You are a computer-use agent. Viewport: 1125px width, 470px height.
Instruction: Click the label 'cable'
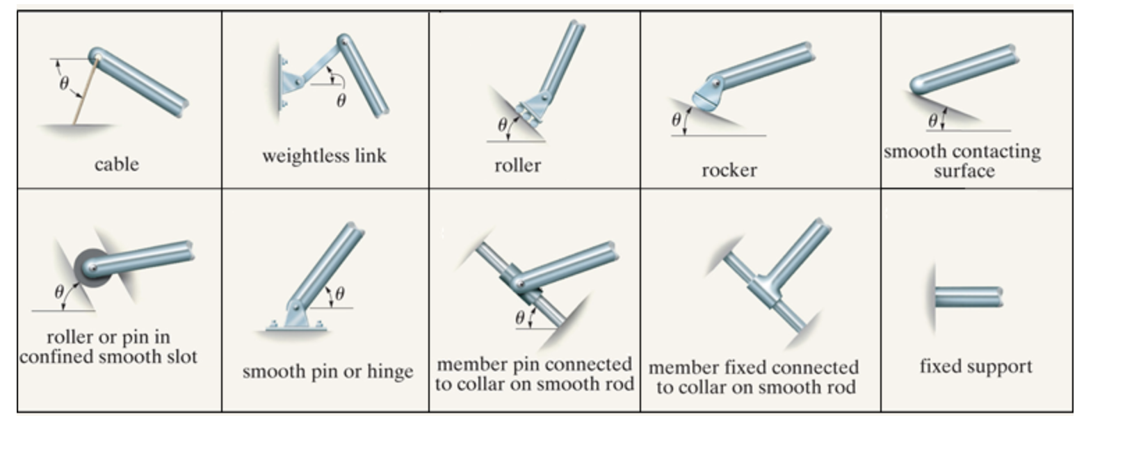pyautogui.click(x=116, y=165)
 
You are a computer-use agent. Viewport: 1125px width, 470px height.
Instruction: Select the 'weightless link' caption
pyautogui.click(x=324, y=156)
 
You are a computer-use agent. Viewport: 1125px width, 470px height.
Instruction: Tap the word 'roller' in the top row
pyautogui.click(x=517, y=165)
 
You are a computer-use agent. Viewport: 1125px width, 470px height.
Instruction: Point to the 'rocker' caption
pyautogui.click(x=729, y=170)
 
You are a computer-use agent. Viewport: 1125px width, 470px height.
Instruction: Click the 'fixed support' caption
pyautogui.click(x=976, y=366)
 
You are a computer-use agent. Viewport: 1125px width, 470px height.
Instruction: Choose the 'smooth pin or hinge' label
pyautogui.click(x=327, y=372)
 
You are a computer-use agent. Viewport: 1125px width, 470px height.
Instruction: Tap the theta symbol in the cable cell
pyautogui.click(x=64, y=83)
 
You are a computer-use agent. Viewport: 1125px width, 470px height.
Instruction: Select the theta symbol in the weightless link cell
pyautogui.click(x=341, y=101)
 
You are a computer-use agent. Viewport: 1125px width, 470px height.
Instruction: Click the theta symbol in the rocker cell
pyautogui.click(x=676, y=120)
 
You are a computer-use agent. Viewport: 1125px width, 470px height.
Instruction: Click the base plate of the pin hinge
pyautogui.click(x=296, y=325)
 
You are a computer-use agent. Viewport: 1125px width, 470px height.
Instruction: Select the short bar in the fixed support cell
pyautogui.click(x=968, y=298)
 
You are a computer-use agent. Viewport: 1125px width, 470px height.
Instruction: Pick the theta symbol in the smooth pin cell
pyautogui.click(x=339, y=293)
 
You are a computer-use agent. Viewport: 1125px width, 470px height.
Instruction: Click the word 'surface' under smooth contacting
pyautogui.click(x=964, y=171)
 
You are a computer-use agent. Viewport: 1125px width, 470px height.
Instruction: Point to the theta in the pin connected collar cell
pyautogui.click(x=519, y=318)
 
